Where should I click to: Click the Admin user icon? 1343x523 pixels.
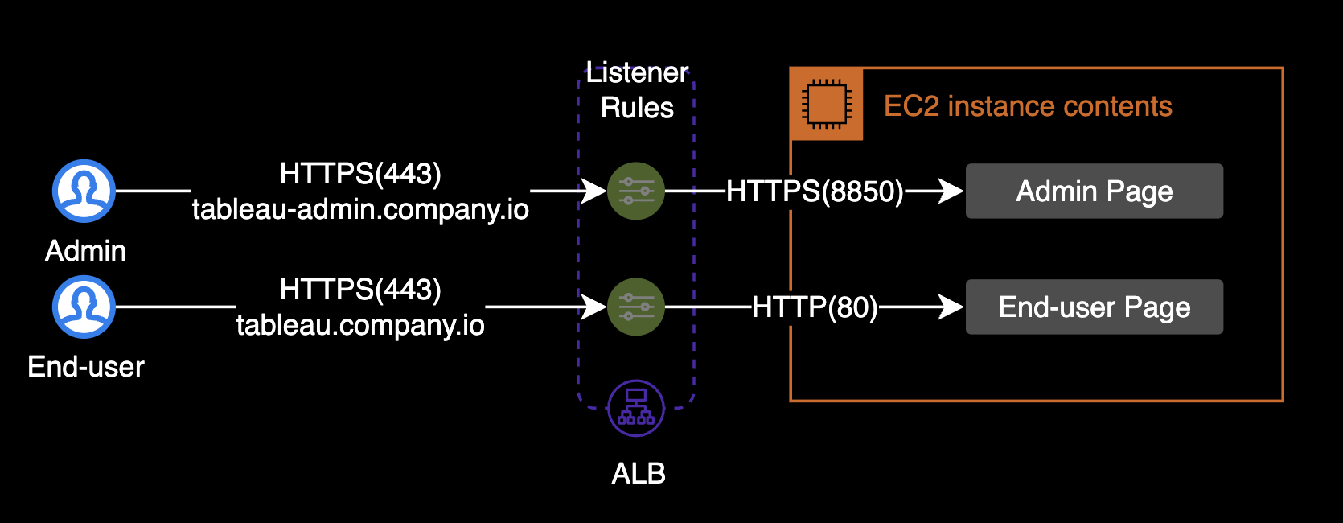(x=84, y=191)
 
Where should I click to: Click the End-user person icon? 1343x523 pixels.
(x=84, y=307)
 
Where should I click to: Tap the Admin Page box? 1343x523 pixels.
(x=1094, y=191)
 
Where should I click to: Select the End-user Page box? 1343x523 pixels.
(x=1094, y=307)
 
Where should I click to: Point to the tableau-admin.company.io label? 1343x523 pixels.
(x=360, y=209)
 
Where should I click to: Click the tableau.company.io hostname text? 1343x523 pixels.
(x=360, y=325)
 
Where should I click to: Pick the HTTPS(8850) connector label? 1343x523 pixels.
(x=815, y=191)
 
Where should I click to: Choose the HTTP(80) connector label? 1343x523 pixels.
(x=815, y=307)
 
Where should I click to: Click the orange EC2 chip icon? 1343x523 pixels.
(x=827, y=105)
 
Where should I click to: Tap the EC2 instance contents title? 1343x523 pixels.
(x=1028, y=106)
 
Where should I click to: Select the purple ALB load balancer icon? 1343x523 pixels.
(x=636, y=408)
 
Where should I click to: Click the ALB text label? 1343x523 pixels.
(x=639, y=474)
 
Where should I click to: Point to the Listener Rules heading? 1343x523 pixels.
(x=637, y=90)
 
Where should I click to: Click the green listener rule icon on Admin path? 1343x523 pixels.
(x=636, y=191)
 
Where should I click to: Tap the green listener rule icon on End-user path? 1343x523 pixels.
(x=636, y=307)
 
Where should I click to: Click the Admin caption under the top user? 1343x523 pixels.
(x=85, y=251)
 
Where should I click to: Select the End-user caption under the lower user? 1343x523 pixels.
(x=86, y=367)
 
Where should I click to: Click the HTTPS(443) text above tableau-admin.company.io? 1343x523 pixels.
(x=360, y=174)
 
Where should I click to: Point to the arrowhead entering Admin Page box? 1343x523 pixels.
(x=952, y=191)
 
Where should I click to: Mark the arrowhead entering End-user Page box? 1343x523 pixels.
(x=952, y=307)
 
